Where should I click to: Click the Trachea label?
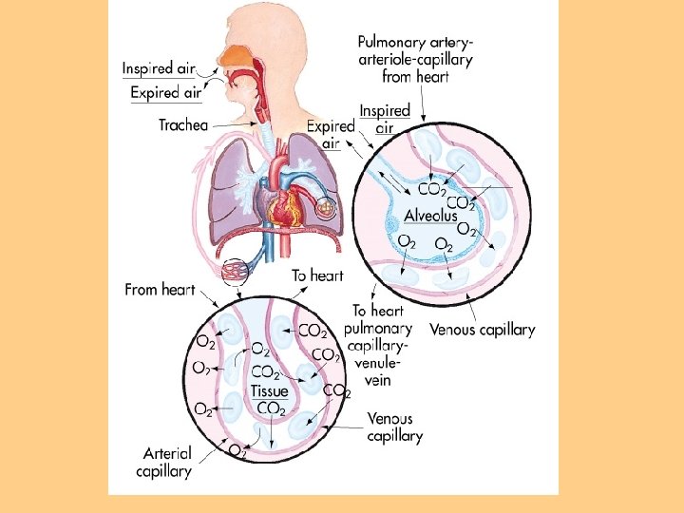click(182, 124)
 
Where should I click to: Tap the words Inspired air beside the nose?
click(160, 68)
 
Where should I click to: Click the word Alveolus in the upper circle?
click(430, 216)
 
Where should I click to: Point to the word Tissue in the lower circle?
click(269, 390)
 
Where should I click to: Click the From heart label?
click(160, 290)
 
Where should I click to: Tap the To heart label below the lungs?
click(316, 275)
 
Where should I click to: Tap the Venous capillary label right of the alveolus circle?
click(482, 331)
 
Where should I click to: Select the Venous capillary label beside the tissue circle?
click(395, 427)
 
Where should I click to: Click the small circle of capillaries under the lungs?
click(234, 270)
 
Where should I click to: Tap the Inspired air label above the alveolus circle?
click(384, 119)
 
